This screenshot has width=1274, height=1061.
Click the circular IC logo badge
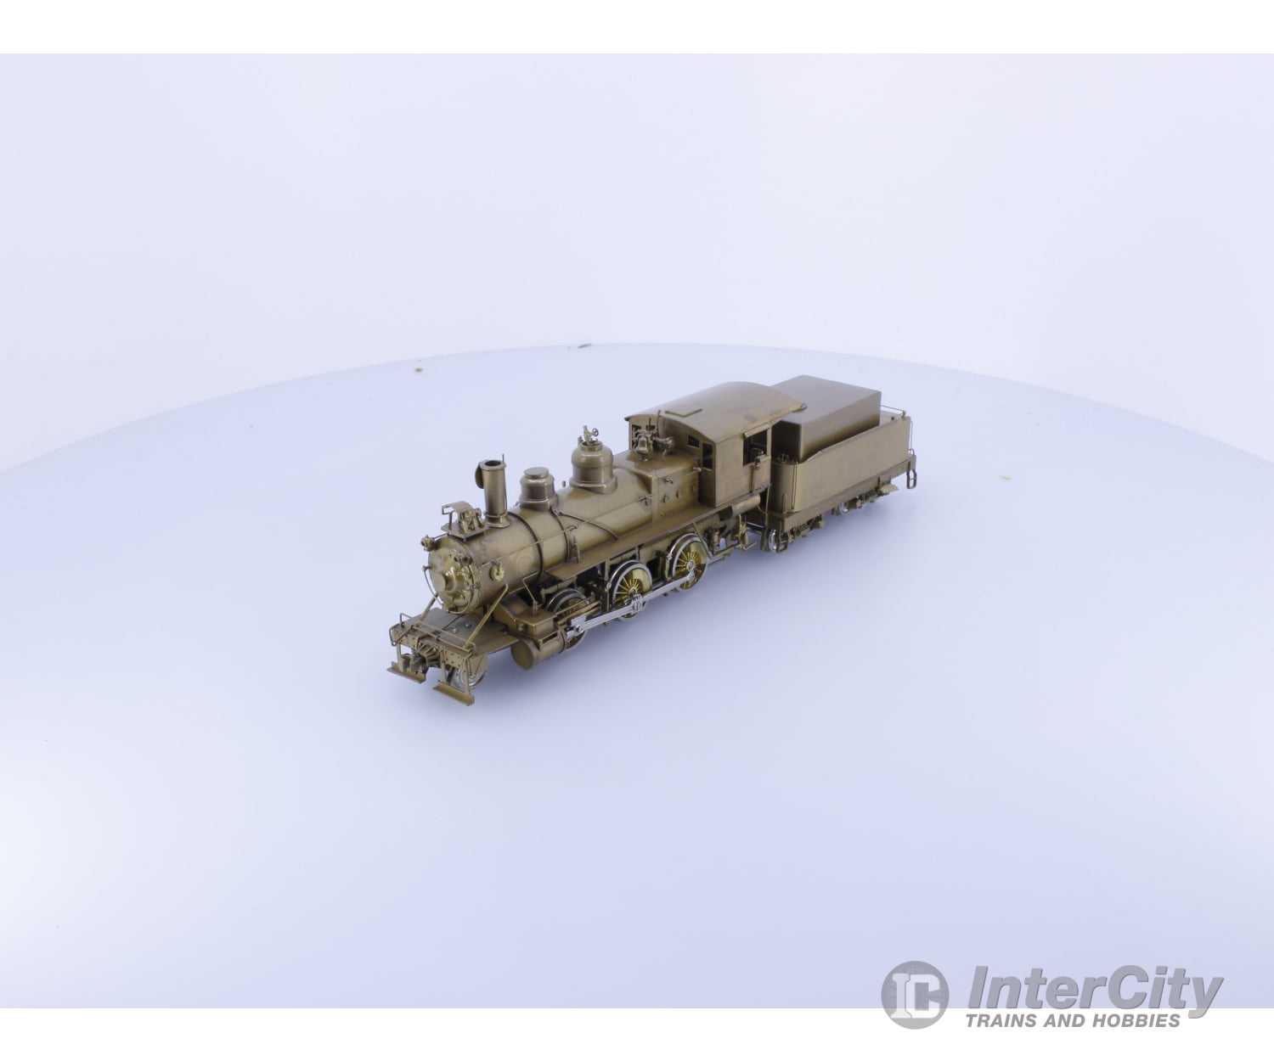click(916, 995)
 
